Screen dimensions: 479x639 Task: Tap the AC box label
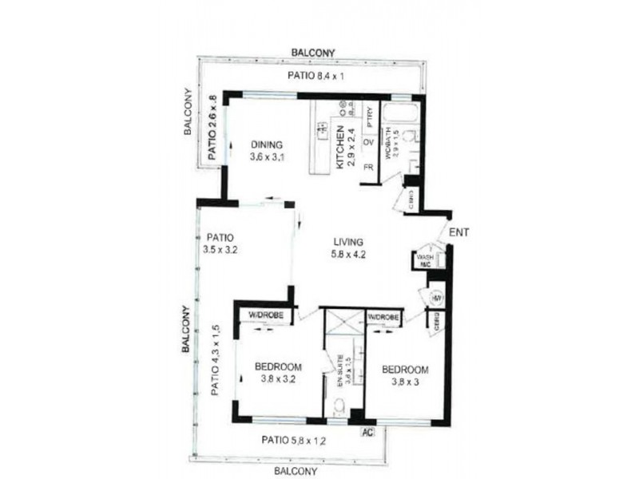(368, 432)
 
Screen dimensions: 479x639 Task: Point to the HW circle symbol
(437, 298)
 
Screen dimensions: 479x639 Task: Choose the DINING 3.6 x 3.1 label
(267, 151)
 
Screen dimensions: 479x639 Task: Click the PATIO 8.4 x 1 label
(314, 77)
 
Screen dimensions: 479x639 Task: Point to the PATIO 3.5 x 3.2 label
(220, 243)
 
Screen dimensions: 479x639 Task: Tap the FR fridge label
(369, 168)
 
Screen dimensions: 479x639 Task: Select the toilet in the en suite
(339, 410)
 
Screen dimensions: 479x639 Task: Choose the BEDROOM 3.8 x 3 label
(404, 376)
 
